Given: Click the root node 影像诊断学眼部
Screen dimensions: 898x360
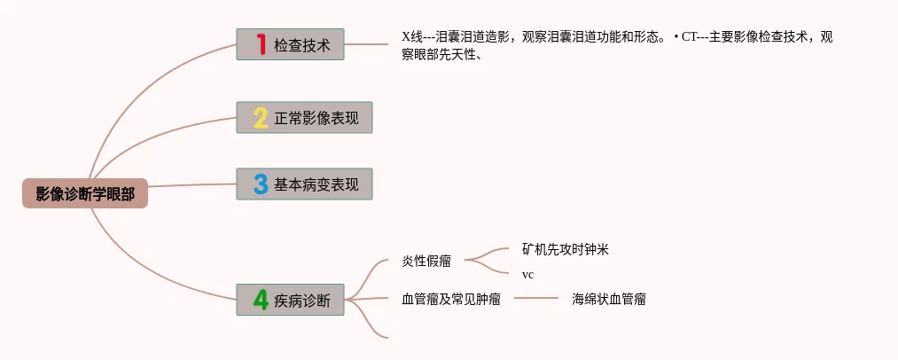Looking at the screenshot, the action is tap(85, 194).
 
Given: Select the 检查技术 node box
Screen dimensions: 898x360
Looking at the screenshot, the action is tap(290, 45).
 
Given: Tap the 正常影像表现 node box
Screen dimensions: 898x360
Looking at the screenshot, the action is tap(304, 118).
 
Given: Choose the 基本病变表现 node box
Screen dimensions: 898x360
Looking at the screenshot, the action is tap(304, 184).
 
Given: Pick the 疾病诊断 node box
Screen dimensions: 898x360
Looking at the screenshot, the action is tap(290, 300).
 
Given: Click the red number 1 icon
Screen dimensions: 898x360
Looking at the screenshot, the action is tap(261, 44).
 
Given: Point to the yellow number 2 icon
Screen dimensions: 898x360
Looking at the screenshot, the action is tap(261, 118).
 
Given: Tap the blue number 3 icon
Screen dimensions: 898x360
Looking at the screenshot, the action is tap(261, 184).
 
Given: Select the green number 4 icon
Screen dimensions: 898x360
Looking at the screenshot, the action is tap(261, 300).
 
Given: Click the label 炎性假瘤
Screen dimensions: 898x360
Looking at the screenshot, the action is tap(426, 261).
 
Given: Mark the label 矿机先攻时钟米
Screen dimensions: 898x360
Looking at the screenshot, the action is tap(566, 249).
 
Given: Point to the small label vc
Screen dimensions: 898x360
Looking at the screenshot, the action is tap(527, 275).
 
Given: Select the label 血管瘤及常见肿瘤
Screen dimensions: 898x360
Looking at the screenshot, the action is tap(451, 300).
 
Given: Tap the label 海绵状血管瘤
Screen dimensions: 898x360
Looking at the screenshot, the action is tap(609, 300).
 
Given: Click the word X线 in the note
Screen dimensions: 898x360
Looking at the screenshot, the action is tap(412, 37).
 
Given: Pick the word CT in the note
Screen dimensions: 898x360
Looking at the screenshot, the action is tap(691, 37).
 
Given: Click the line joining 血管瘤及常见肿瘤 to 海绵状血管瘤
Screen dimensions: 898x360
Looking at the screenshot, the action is tap(536, 299).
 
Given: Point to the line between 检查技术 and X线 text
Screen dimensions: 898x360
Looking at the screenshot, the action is tap(367, 43).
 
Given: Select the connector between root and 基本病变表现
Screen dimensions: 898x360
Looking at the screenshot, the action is tap(191, 185).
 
